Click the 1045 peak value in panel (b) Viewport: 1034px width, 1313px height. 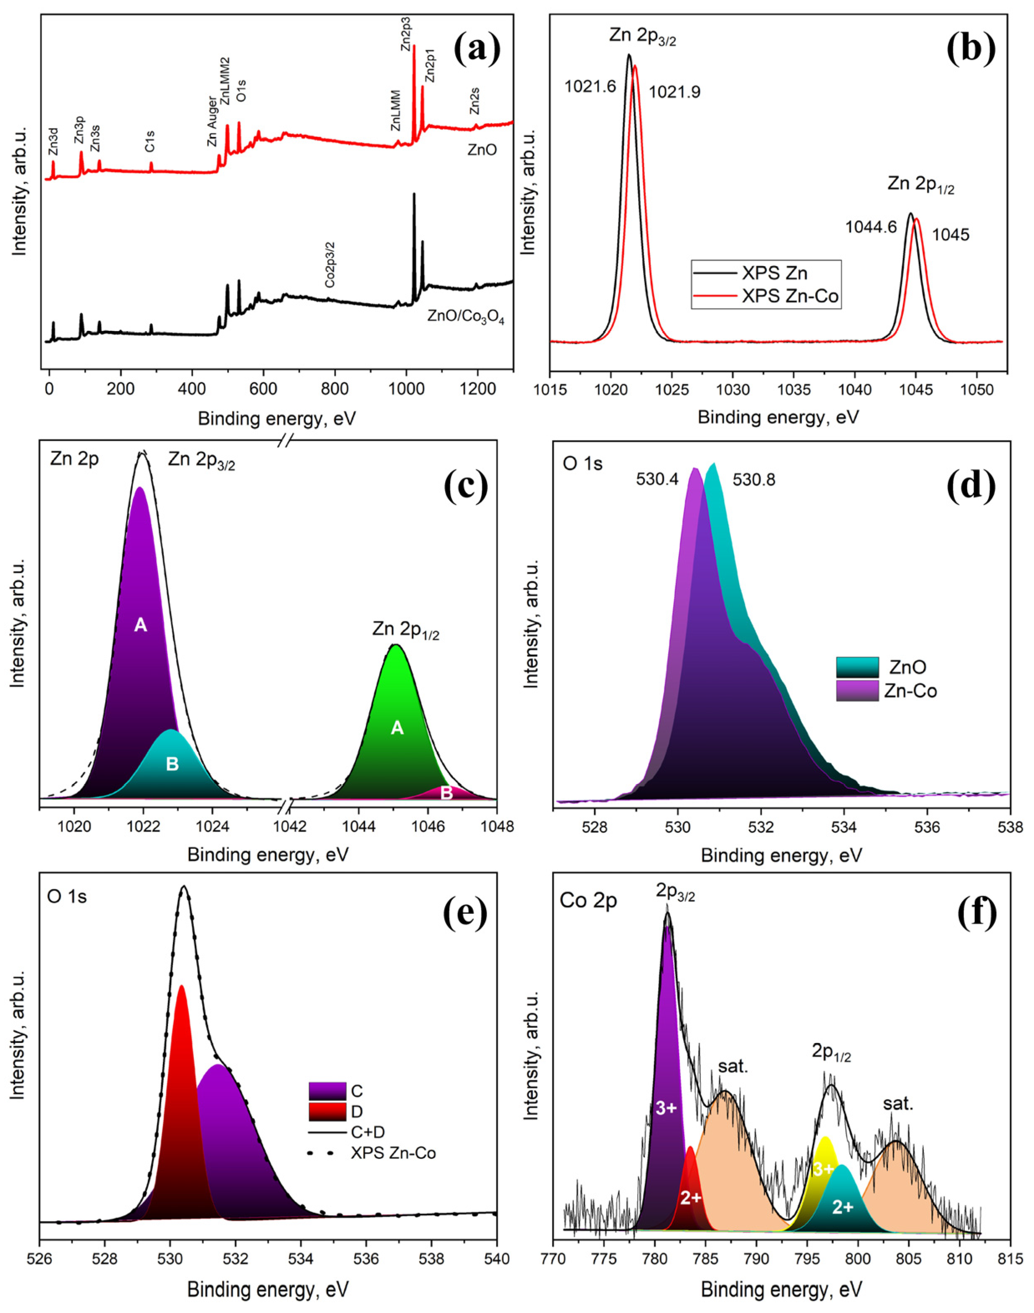coord(950,234)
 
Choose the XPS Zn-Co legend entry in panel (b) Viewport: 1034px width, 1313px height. coord(790,297)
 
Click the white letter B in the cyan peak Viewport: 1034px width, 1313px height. coord(172,764)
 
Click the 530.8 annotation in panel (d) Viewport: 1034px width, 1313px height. coord(754,480)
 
